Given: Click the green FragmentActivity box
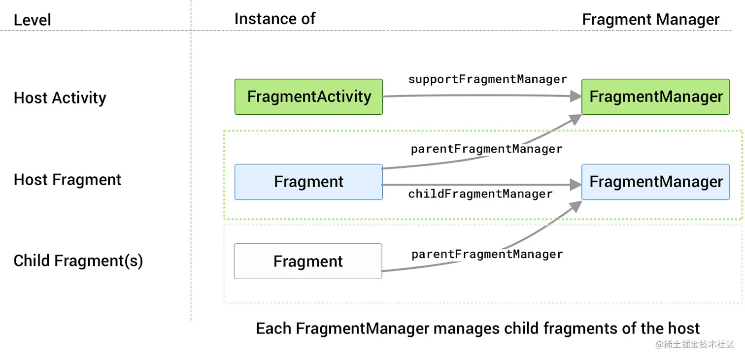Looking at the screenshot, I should coord(308,97).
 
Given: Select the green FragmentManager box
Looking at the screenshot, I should coord(655,97).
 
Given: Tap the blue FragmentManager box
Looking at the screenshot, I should coord(655,182).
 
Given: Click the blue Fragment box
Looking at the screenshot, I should coord(308,182).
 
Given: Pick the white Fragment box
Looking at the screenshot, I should coord(308,262).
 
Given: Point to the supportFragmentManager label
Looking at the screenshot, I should coord(488,79).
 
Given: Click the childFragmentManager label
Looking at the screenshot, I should coord(480,194).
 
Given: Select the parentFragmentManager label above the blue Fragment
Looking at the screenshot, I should coord(487,149).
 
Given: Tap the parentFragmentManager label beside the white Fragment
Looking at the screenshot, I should coord(487,255).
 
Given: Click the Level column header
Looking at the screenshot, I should coord(33,20).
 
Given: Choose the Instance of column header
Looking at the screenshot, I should coord(274,19).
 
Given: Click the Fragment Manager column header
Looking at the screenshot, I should coord(650,20).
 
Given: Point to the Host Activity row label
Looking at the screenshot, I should coord(60,98).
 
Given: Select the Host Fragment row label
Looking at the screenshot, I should coord(68,180).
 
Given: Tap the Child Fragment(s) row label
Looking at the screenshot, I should coord(78,261).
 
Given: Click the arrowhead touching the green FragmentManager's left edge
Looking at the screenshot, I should coord(576,97).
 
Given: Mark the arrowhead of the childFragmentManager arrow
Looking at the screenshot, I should coord(576,185).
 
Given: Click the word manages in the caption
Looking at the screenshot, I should coord(467,328).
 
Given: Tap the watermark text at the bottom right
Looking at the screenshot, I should coord(695,345).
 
